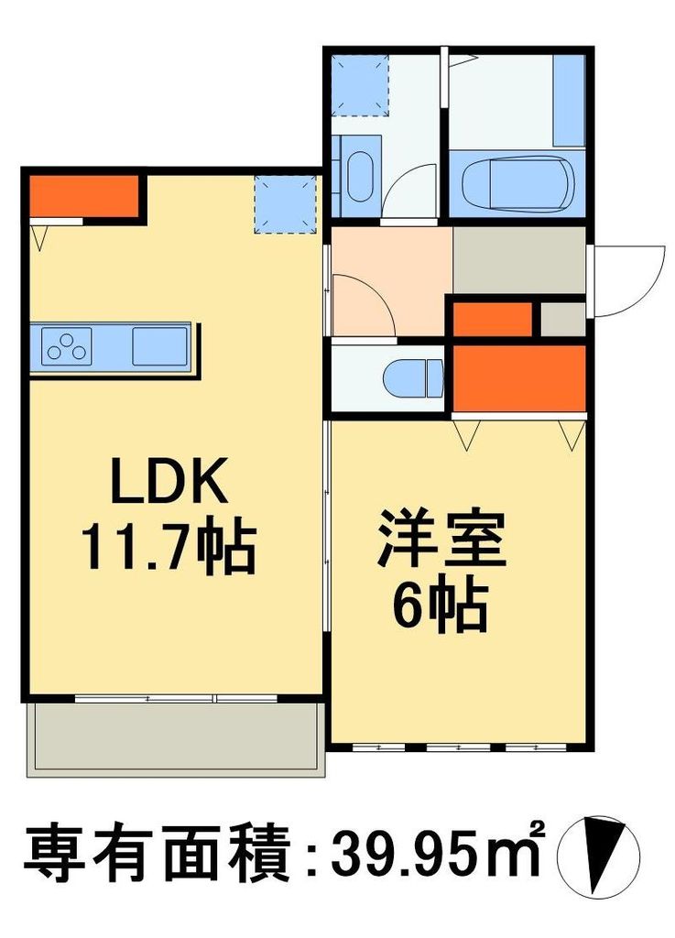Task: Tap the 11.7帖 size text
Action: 169,548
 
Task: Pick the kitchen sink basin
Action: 158,346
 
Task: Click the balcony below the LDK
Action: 175,738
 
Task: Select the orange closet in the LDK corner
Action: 82,194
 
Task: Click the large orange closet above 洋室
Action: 519,377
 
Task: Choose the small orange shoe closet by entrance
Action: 493,319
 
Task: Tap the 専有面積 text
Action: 156,855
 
